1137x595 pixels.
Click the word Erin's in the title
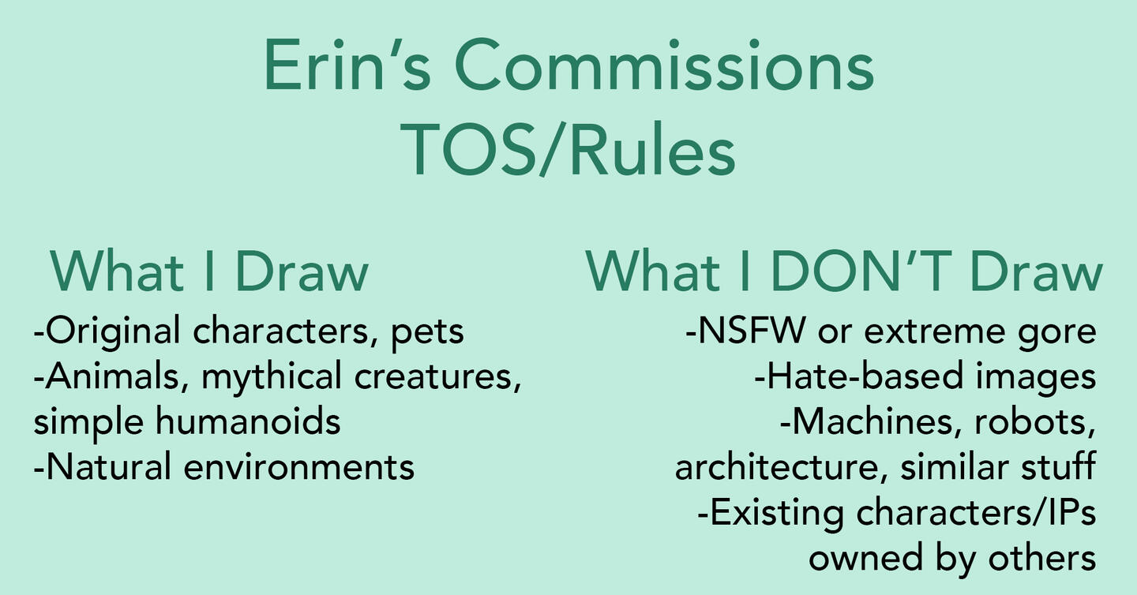[347, 65]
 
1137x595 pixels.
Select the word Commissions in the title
[664, 65]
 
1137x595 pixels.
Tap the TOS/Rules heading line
[568, 149]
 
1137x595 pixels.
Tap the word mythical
[271, 377]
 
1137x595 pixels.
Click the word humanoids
[248, 421]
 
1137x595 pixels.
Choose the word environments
[299, 467]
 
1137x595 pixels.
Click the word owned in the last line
[865, 558]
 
